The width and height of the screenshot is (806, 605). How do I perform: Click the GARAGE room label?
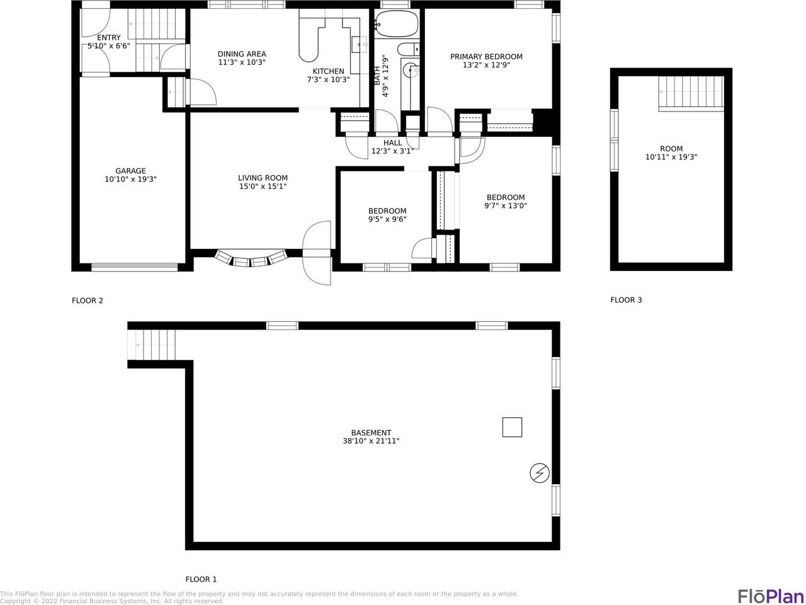[130, 171]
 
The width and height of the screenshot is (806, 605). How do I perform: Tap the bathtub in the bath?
[397, 23]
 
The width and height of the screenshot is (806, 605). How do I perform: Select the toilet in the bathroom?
[408, 49]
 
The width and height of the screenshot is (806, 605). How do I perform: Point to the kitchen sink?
[359, 45]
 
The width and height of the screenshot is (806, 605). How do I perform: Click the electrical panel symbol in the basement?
[540, 473]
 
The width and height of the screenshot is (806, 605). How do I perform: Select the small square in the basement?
[512, 427]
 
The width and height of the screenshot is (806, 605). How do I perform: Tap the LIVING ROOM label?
[263, 178]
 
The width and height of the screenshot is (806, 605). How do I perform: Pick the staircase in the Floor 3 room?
[691, 93]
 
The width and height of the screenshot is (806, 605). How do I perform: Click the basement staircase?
[151, 345]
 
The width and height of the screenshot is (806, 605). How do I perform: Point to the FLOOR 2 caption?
[88, 301]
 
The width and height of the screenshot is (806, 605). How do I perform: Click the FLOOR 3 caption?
[626, 300]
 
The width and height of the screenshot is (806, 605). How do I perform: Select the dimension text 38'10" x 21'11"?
[371, 441]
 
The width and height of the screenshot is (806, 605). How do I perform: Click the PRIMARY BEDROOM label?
[486, 57]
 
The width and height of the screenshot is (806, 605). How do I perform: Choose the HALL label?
[392, 142]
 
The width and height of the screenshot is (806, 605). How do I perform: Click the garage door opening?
[134, 267]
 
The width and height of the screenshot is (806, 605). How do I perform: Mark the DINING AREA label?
[242, 54]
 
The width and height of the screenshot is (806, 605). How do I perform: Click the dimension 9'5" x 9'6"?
[387, 219]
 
